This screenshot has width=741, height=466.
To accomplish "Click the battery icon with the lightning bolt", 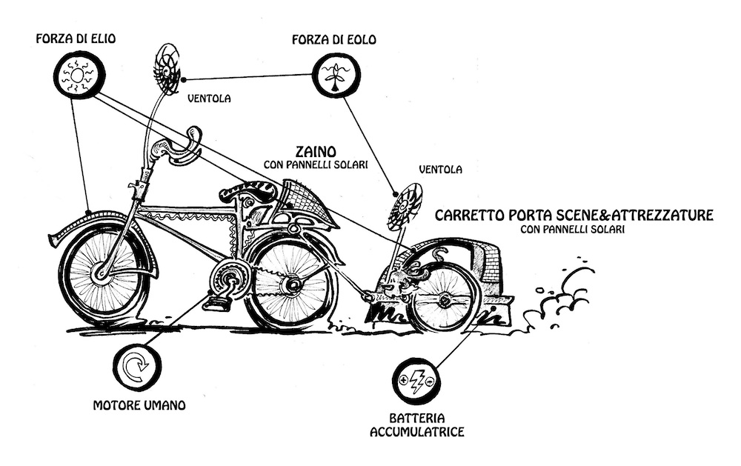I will click(x=416, y=380).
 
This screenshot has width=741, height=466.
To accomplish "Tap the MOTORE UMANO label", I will click(x=139, y=405).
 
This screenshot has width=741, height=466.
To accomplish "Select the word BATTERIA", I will click(x=417, y=418).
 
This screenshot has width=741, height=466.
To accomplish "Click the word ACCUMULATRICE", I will click(x=417, y=431).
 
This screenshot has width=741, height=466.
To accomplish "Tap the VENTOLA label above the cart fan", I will click(x=440, y=169).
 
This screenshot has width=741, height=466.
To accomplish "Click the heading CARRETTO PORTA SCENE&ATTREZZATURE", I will click(x=574, y=215).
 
